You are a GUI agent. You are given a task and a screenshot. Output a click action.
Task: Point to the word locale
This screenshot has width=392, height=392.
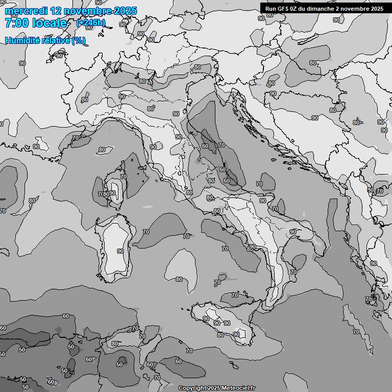(x=49, y=23)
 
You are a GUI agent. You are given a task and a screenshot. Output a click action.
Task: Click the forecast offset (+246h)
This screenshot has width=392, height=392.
(x=91, y=23)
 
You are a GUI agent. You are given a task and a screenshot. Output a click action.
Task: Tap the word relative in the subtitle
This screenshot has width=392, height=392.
(x=54, y=41)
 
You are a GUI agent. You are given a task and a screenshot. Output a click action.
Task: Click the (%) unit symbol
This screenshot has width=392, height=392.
(x=79, y=41)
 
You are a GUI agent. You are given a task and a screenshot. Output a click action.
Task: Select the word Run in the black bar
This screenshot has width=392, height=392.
(x=270, y=9)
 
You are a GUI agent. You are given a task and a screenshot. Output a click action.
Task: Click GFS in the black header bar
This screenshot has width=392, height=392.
(x=282, y=9)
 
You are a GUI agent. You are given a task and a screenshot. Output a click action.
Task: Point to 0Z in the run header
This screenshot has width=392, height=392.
(x=295, y=9)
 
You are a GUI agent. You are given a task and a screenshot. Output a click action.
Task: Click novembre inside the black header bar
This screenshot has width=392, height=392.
(x=356, y=9)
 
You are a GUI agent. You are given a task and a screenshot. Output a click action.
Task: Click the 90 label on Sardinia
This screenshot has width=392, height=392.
(x=120, y=251)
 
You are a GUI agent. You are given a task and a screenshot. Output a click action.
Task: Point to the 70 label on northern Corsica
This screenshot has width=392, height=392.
(x=123, y=177)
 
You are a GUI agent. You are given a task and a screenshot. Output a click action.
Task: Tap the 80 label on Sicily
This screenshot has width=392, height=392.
(x=220, y=335)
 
